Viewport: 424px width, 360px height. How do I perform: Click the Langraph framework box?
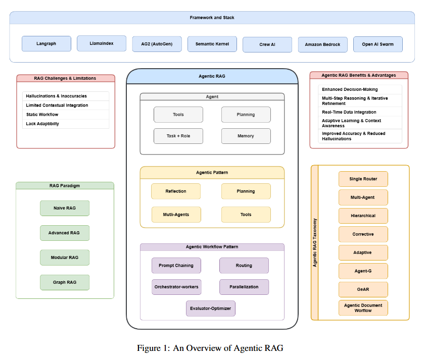(46, 43)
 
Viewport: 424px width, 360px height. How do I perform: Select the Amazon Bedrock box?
(322, 44)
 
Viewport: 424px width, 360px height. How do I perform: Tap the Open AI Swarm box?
(378, 44)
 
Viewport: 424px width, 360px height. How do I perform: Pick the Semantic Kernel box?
(212, 44)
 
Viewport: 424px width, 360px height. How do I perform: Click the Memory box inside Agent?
(246, 136)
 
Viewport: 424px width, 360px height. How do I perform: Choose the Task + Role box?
(178, 136)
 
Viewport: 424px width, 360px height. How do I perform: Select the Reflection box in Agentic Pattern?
(176, 191)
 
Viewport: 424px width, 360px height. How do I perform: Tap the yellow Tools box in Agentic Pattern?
(246, 215)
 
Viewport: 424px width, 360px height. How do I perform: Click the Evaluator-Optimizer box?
(211, 308)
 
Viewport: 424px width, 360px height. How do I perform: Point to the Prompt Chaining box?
(176, 266)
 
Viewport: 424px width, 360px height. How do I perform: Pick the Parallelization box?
(244, 287)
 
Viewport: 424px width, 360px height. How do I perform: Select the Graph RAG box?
(65, 282)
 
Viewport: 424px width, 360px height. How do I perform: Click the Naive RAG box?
(65, 208)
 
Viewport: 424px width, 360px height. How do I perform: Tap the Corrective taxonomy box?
(363, 234)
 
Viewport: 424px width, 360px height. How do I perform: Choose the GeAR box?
(363, 289)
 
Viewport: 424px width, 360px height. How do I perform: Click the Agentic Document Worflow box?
(363, 308)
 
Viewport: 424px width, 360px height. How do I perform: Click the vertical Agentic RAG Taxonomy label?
(314, 242)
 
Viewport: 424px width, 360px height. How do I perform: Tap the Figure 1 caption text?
(210, 348)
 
